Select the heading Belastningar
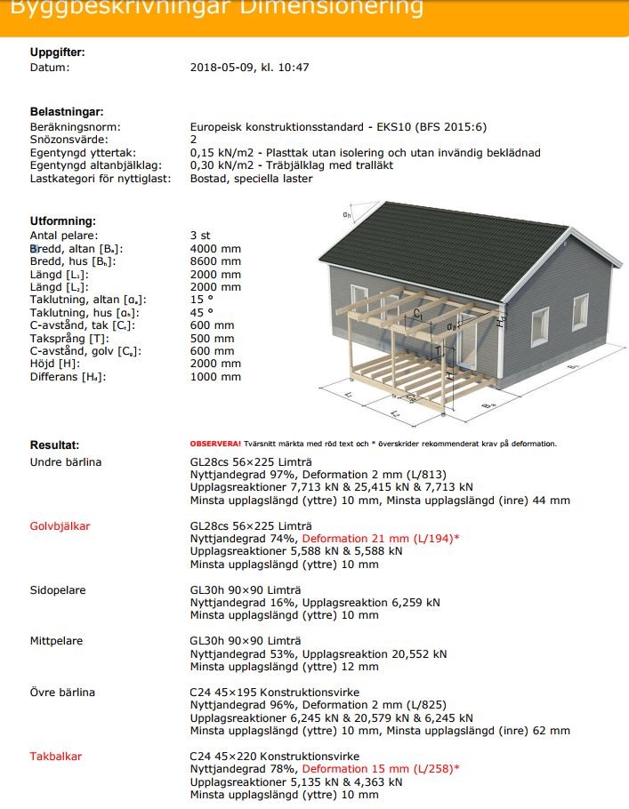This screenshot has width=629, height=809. tap(67, 112)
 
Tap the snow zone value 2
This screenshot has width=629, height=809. tap(193, 140)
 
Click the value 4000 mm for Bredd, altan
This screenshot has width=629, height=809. tap(215, 249)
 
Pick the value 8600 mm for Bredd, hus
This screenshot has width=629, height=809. tap(215, 261)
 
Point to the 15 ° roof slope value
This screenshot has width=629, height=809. tap(202, 300)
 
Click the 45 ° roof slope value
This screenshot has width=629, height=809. tap(202, 313)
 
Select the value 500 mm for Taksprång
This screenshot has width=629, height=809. tap(213, 339)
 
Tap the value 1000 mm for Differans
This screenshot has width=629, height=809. tap(215, 377)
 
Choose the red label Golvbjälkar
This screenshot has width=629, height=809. tap(60, 526)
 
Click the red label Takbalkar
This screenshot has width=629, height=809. tap(56, 757)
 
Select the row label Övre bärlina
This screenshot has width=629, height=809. tap(62, 693)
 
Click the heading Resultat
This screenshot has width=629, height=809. tap(54, 444)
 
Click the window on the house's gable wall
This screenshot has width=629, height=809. tap(541, 326)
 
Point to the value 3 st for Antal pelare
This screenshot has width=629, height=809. tap(200, 236)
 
